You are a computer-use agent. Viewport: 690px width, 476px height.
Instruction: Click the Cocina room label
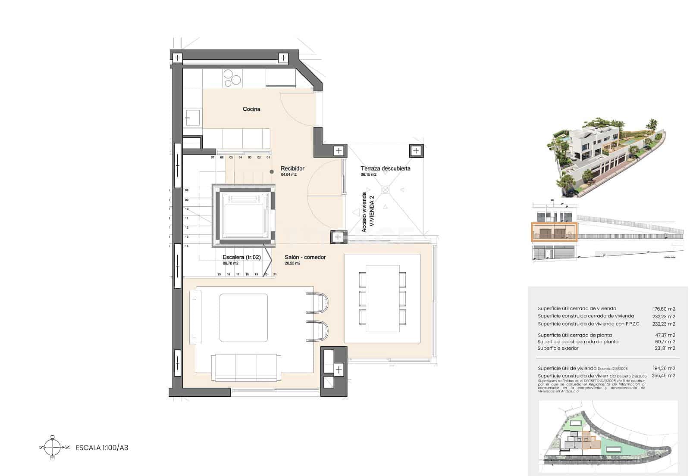[251, 109]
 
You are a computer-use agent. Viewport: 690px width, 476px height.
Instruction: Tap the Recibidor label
[292, 168]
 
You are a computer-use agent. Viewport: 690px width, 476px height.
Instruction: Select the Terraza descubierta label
[386, 168]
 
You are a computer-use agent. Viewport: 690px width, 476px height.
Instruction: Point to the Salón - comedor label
[305, 257]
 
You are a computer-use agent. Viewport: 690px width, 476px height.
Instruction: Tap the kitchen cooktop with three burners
[232, 78]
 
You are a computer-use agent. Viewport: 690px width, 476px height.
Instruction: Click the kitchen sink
[193, 117]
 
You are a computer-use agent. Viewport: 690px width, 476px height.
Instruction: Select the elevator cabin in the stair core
[244, 215]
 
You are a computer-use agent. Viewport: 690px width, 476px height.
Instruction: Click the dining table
[383, 298]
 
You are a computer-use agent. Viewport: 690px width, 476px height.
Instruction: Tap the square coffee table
[244, 317]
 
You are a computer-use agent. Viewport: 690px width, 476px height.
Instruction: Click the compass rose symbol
[53, 448]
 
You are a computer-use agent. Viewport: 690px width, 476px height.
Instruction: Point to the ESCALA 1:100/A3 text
[102, 448]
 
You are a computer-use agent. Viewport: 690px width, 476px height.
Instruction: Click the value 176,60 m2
[664, 308]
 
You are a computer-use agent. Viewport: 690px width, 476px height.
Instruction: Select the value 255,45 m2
[664, 376]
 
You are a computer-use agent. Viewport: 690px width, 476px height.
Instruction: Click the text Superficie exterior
[558, 348]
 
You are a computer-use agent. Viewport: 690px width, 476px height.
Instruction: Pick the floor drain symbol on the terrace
[385, 190]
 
